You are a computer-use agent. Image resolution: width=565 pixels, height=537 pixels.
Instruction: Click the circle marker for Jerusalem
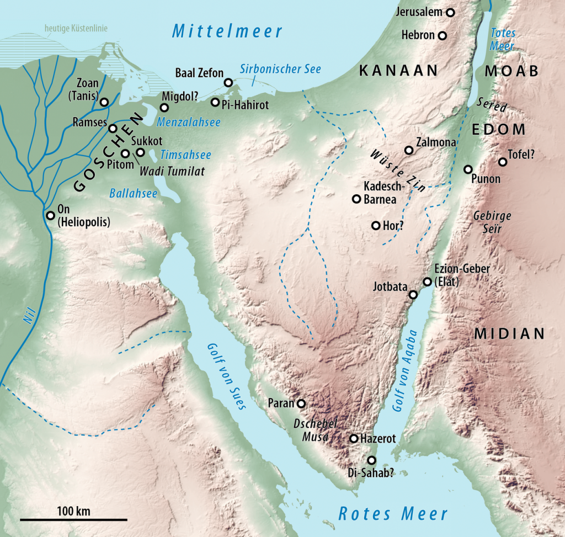(451, 12)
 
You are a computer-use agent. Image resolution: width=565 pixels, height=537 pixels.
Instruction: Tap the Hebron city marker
(442, 36)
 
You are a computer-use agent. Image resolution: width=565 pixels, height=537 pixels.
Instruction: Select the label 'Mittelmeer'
(227, 31)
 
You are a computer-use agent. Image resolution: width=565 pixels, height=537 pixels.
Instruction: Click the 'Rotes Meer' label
(393, 513)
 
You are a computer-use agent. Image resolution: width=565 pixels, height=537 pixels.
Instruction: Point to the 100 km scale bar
(73, 519)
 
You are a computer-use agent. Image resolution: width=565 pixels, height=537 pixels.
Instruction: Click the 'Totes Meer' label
(503, 39)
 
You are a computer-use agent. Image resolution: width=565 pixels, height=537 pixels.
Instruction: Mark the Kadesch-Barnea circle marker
(356, 199)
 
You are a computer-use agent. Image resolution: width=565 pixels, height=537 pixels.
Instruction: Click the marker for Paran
(301, 403)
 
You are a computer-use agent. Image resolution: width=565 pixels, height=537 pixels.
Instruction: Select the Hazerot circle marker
(354, 439)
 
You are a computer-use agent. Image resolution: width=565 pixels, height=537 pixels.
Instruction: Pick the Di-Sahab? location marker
(371, 460)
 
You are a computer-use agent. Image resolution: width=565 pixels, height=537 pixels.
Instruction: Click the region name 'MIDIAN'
(509, 333)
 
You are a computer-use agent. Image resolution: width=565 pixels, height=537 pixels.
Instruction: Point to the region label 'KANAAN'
(398, 70)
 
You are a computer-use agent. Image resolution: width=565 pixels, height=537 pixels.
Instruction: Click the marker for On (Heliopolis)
(51, 215)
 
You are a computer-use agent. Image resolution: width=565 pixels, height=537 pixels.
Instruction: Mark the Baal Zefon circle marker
(228, 83)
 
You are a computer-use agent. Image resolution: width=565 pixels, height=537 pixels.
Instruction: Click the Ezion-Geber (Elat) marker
(427, 282)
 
